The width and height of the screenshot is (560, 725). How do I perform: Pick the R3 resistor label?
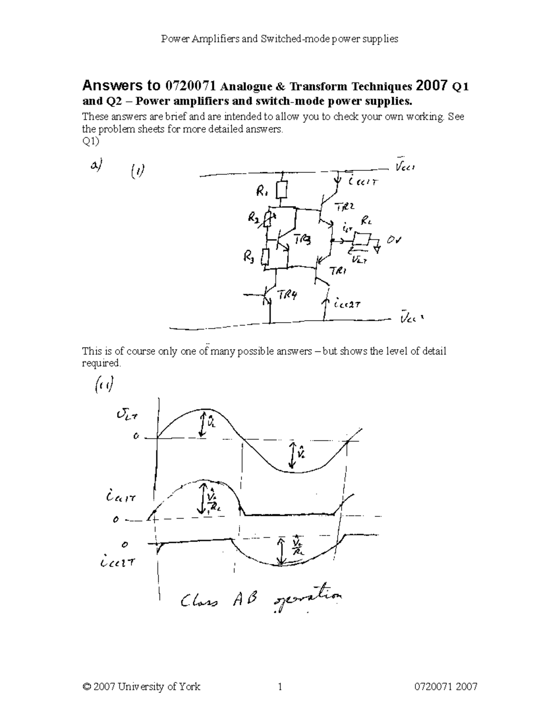(x=249, y=256)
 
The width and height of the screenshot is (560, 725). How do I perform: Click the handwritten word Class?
(x=198, y=600)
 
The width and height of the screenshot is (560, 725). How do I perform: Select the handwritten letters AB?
(x=245, y=599)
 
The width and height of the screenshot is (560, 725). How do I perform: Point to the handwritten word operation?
(x=308, y=600)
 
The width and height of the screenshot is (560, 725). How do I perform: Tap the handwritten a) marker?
(x=96, y=165)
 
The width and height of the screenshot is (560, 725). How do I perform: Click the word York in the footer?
(x=189, y=686)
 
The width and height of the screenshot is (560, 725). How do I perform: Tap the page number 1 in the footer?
(x=280, y=686)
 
